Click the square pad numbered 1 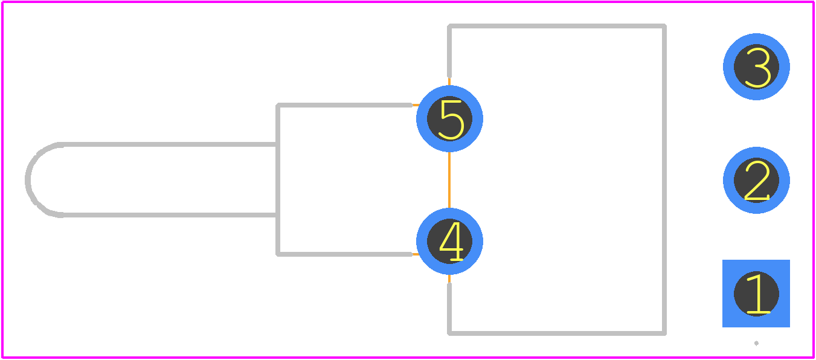tap(756, 294)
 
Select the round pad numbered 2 tap(756, 181)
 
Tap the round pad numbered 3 tap(756, 66)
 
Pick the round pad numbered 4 tap(449, 241)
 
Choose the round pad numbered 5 tap(449, 119)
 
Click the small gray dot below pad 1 tap(756, 343)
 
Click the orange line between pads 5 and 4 tap(449, 180)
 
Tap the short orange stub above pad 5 tap(449, 82)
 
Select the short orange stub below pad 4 tap(449, 278)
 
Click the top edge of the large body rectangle tap(557, 26)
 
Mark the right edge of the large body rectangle tap(664, 179)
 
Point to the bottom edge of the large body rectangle tap(557, 333)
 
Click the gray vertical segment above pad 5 tap(449, 51)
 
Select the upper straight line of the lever tap(169, 144)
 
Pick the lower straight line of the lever tap(169, 215)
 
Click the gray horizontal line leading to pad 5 tap(345, 105)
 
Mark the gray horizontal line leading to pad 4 tap(345, 254)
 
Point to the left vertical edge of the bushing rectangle tap(278, 179)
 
